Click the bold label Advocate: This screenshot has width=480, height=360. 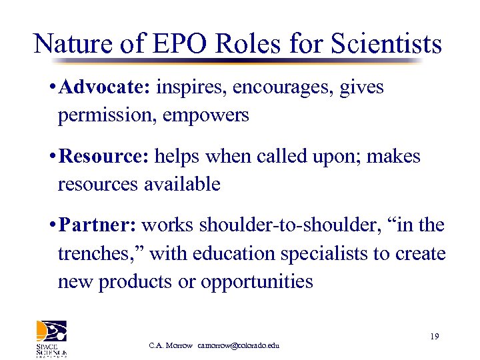(x=106, y=88)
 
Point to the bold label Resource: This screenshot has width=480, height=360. (x=105, y=157)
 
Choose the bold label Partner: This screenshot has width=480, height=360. (x=97, y=225)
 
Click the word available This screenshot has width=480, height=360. (x=182, y=184)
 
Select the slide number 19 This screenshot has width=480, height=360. (x=434, y=337)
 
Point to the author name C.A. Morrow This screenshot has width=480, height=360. (x=171, y=345)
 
